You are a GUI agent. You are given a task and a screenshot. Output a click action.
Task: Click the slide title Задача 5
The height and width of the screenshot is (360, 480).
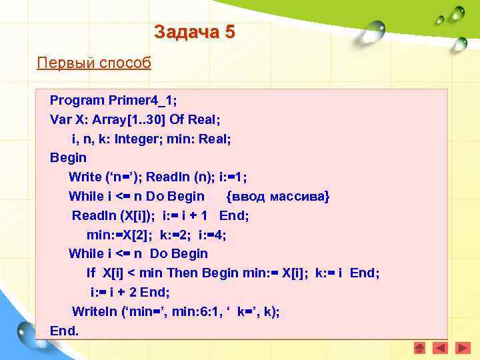tap(194, 31)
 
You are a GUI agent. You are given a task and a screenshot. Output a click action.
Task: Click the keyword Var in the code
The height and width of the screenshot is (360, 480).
tap(60, 119)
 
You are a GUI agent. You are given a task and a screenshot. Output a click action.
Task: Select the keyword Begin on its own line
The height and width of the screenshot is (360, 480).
tap(68, 157)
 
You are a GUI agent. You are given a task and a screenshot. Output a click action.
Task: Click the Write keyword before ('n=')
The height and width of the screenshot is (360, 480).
tap(84, 177)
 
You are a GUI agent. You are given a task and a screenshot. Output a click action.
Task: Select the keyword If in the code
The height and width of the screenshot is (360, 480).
tap(91, 273)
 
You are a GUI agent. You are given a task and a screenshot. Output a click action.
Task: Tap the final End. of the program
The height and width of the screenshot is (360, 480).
tap(64, 330)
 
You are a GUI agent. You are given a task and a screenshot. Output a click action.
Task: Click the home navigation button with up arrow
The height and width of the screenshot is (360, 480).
tap(419, 347)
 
